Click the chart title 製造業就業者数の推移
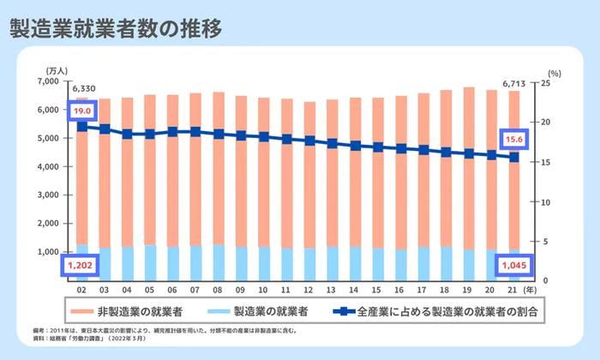[117, 27]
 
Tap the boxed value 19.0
[82, 111]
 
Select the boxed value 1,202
[82, 267]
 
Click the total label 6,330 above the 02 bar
[84, 87]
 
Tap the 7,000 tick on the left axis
[49, 81]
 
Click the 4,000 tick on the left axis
[49, 166]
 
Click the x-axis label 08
[219, 291]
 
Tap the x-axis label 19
[468, 291]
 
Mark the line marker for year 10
[264, 136]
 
